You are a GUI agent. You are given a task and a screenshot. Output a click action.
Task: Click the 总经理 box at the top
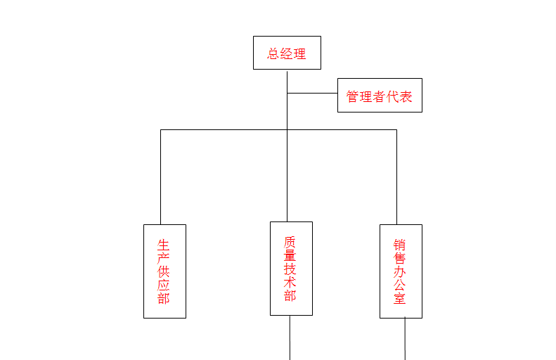[287, 53]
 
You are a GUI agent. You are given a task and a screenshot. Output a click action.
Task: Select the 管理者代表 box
[380, 95]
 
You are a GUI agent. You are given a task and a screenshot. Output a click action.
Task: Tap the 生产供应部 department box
[164, 271]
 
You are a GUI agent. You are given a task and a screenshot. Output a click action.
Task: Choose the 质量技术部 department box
[291, 269]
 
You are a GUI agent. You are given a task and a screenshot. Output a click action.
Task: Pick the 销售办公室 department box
[401, 271]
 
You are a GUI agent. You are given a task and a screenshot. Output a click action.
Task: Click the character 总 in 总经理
[273, 54]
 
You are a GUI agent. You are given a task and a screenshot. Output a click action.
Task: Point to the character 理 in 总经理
[300, 54]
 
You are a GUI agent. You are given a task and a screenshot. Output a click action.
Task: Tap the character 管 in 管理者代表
[353, 97]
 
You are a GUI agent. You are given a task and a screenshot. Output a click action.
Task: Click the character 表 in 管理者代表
[406, 97]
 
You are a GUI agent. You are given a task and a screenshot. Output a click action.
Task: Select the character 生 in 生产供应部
[164, 245]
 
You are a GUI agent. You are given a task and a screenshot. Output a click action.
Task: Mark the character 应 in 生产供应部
[164, 285]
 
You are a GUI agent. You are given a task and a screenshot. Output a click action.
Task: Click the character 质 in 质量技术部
[290, 242]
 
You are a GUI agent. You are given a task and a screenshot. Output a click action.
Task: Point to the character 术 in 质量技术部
[290, 282]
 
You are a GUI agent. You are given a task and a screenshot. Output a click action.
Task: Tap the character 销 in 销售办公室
[400, 245]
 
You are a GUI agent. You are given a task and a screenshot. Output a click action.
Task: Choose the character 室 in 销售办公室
[400, 298]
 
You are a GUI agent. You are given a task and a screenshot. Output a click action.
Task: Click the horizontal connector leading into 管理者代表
[312, 93]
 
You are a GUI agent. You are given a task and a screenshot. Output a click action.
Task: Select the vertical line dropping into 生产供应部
[160, 176]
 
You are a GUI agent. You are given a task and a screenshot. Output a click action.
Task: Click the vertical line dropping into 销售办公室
[396, 176]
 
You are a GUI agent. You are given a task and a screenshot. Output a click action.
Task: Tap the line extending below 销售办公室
[405, 339]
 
